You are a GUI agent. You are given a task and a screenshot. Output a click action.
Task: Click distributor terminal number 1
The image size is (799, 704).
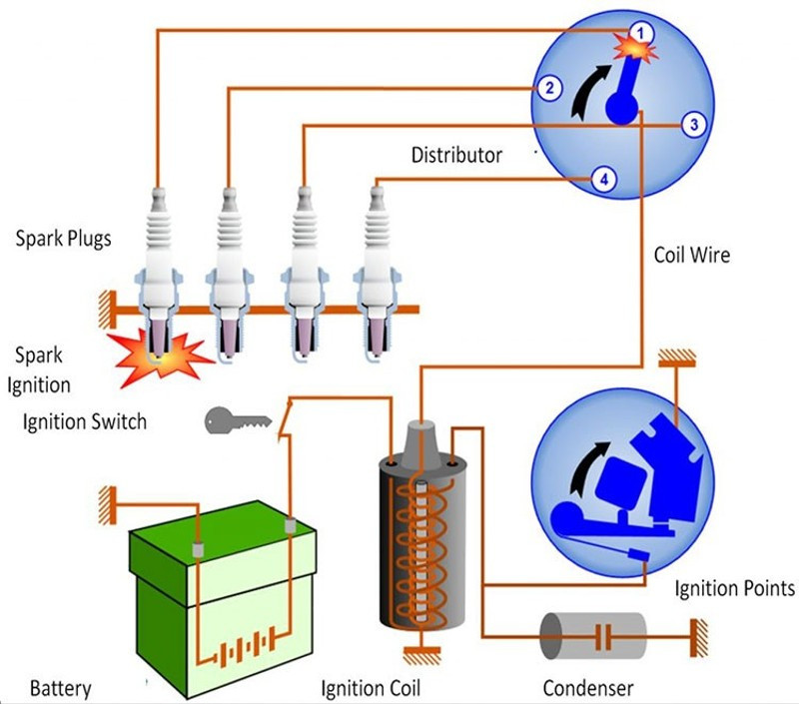pos(640,34)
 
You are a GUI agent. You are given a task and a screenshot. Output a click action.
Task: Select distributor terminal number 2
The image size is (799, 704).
pos(548,88)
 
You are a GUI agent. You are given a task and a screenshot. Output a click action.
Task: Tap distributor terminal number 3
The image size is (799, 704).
pos(694,124)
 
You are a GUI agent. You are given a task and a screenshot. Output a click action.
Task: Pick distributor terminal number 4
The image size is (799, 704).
pos(604,180)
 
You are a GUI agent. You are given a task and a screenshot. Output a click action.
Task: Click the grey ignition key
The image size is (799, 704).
pos(238,420)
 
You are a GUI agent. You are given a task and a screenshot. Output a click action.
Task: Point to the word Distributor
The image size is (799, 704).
pos(456,155)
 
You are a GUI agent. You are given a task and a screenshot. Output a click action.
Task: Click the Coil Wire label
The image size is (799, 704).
pos(691,255)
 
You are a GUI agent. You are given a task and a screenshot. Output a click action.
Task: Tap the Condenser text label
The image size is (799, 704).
pos(588,688)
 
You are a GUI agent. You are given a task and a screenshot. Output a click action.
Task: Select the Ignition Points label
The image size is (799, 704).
pos(734,588)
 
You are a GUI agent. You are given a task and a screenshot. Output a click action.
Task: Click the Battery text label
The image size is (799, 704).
pos(61,689)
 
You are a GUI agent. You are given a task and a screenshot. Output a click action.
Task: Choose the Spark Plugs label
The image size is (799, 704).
pos(63,239)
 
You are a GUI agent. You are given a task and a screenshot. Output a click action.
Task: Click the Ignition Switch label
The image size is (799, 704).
pos(85,422)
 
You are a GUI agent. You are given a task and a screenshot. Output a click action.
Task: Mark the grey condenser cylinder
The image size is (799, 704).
pos(592,636)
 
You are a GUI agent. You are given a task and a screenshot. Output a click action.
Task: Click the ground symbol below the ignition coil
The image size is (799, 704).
pos(421,655)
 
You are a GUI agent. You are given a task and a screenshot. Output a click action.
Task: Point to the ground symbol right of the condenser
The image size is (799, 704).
pos(699,638)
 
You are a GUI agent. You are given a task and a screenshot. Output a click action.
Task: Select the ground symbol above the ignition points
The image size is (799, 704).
pos(677,358)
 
